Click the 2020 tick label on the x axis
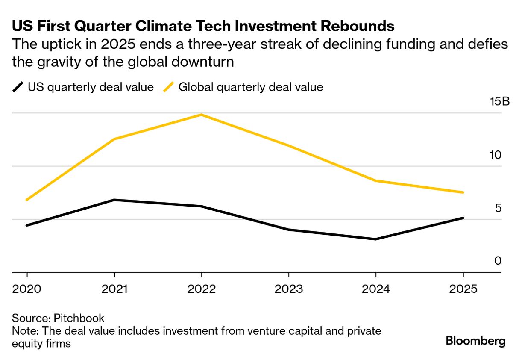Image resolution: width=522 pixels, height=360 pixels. (27, 289)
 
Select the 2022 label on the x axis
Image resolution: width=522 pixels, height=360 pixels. (201, 289)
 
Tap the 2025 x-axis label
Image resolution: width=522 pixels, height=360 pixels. (463, 289)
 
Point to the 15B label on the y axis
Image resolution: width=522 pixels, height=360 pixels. (500, 103)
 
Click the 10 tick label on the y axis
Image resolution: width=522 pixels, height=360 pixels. (495, 155)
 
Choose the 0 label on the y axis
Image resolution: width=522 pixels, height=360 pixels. (498, 261)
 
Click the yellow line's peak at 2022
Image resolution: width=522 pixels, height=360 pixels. (201, 115)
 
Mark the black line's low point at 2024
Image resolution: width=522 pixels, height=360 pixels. (376, 239)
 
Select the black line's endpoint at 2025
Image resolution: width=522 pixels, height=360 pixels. (463, 218)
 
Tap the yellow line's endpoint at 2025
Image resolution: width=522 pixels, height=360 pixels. (463, 192)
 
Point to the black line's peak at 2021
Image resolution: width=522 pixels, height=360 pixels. (114, 200)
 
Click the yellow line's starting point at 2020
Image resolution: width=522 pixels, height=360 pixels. (27, 200)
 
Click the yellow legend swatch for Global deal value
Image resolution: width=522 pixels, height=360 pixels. (169, 87)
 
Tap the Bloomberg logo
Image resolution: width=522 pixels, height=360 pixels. (475, 341)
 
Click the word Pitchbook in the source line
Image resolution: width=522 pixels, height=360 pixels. (79, 318)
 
